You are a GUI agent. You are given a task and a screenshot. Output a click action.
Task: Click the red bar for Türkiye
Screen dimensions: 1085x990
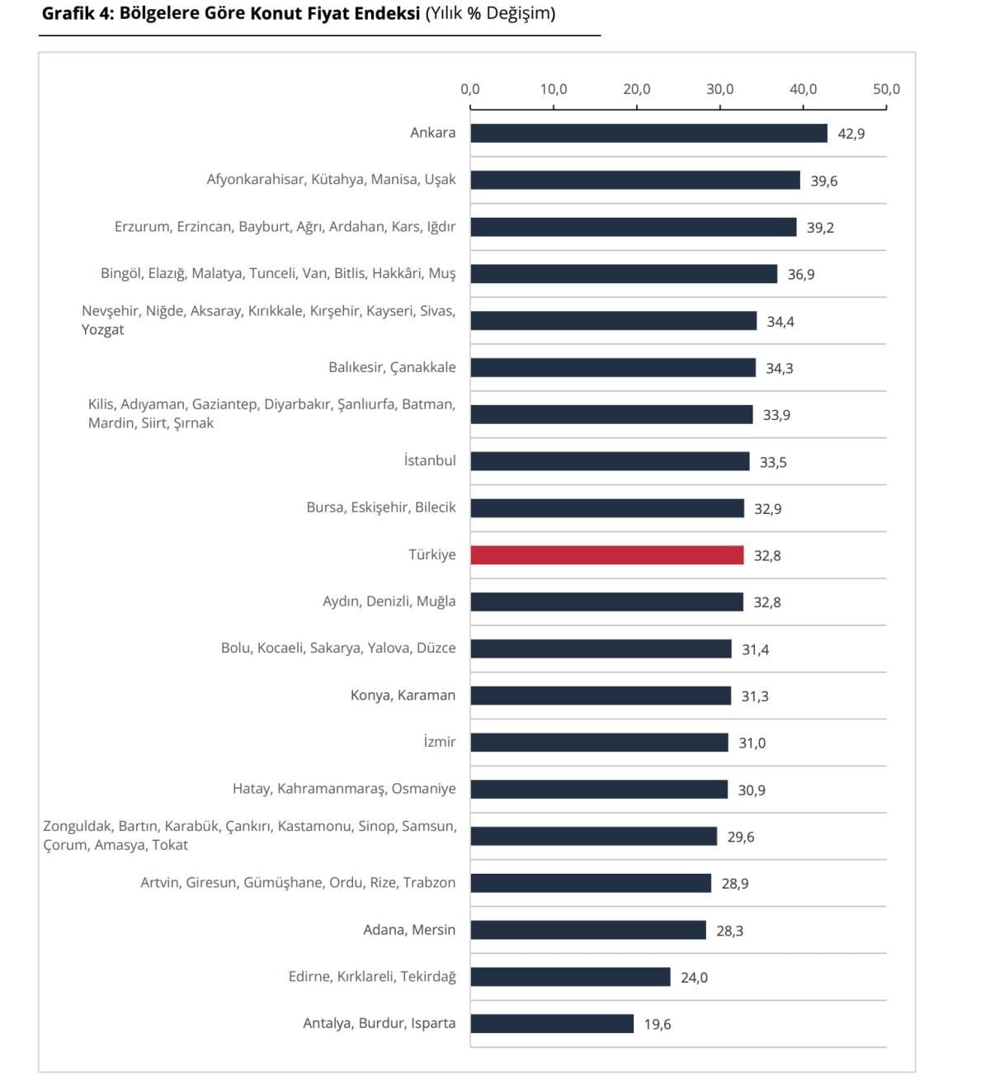[x=607, y=555]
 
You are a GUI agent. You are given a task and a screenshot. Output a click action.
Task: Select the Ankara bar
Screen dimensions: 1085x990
[x=648, y=134]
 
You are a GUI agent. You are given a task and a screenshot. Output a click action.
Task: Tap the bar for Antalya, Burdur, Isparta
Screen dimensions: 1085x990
[x=552, y=1024]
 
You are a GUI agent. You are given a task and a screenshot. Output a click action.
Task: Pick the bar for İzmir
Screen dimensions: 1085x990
[x=599, y=743]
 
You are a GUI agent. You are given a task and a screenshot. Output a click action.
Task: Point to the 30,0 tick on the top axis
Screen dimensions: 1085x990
[x=719, y=89]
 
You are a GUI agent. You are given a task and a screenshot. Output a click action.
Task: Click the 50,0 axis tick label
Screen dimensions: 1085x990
[x=886, y=89]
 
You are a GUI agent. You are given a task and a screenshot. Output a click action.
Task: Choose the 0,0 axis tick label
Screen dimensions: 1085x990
[x=470, y=89]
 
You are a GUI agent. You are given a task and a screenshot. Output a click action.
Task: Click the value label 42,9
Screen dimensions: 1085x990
[x=851, y=134]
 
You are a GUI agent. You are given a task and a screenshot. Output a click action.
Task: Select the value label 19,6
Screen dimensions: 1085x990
[x=658, y=1025]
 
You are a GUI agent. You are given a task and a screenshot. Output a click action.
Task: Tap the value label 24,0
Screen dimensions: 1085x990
[x=694, y=978]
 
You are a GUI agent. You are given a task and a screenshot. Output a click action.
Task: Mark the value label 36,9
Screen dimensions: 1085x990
[x=801, y=275]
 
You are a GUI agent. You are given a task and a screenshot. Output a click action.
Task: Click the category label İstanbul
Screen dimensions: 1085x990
[x=430, y=460]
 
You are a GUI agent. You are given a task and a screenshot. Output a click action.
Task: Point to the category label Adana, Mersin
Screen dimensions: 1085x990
[x=409, y=930]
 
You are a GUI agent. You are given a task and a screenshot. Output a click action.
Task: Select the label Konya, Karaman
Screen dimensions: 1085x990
[x=403, y=696]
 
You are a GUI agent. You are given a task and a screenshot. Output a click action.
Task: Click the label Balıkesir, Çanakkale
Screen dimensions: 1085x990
[x=392, y=367]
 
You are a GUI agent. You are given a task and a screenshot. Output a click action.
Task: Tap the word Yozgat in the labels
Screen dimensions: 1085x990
[x=103, y=330]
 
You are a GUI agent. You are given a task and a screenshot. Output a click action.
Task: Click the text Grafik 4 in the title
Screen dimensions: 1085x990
[x=78, y=14]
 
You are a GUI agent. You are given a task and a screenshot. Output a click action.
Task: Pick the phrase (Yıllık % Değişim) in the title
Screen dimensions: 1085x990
[x=490, y=14]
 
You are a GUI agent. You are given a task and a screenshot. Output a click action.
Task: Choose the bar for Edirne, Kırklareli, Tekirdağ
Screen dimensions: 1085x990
[x=570, y=977]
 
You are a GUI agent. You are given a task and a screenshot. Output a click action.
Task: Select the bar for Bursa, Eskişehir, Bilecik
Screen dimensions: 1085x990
[x=607, y=508]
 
